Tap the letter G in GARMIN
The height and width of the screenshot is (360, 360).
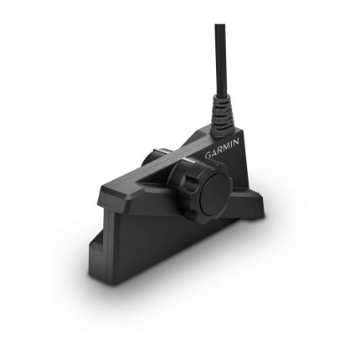[209, 157]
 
